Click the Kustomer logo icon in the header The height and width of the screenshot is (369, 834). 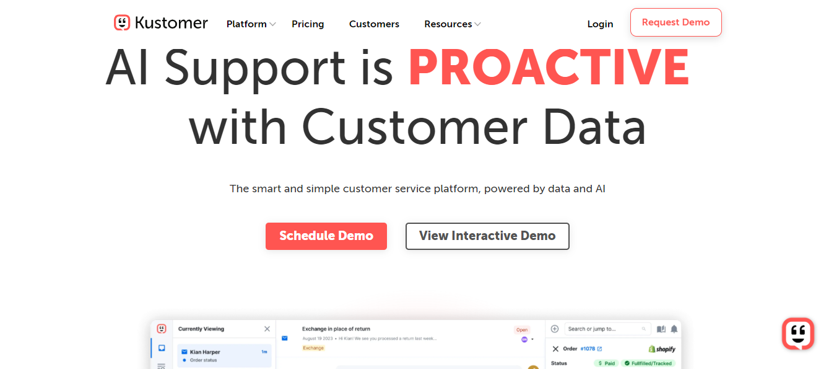click(x=122, y=23)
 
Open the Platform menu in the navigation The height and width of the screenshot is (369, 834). click(x=250, y=24)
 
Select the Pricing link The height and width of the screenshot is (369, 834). click(x=308, y=24)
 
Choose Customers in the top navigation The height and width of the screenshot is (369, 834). click(x=374, y=24)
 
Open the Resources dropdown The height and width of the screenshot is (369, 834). click(x=452, y=24)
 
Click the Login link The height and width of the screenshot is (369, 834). click(x=600, y=24)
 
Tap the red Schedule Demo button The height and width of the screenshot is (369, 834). click(x=326, y=236)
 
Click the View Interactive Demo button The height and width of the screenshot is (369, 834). click(x=487, y=236)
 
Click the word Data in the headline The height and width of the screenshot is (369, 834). click(x=594, y=127)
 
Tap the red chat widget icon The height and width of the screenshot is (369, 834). click(x=797, y=334)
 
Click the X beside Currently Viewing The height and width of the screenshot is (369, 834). click(x=267, y=329)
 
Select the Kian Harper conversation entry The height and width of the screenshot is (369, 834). click(x=224, y=355)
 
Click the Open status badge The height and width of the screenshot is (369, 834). click(x=522, y=330)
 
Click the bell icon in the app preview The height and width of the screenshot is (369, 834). click(x=674, y=329)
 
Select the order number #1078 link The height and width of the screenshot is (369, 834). click(x=588, y=349)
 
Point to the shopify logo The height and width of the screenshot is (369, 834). click(x=662, y=349)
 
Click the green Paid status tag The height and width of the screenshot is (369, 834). click(x=606, y=363)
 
